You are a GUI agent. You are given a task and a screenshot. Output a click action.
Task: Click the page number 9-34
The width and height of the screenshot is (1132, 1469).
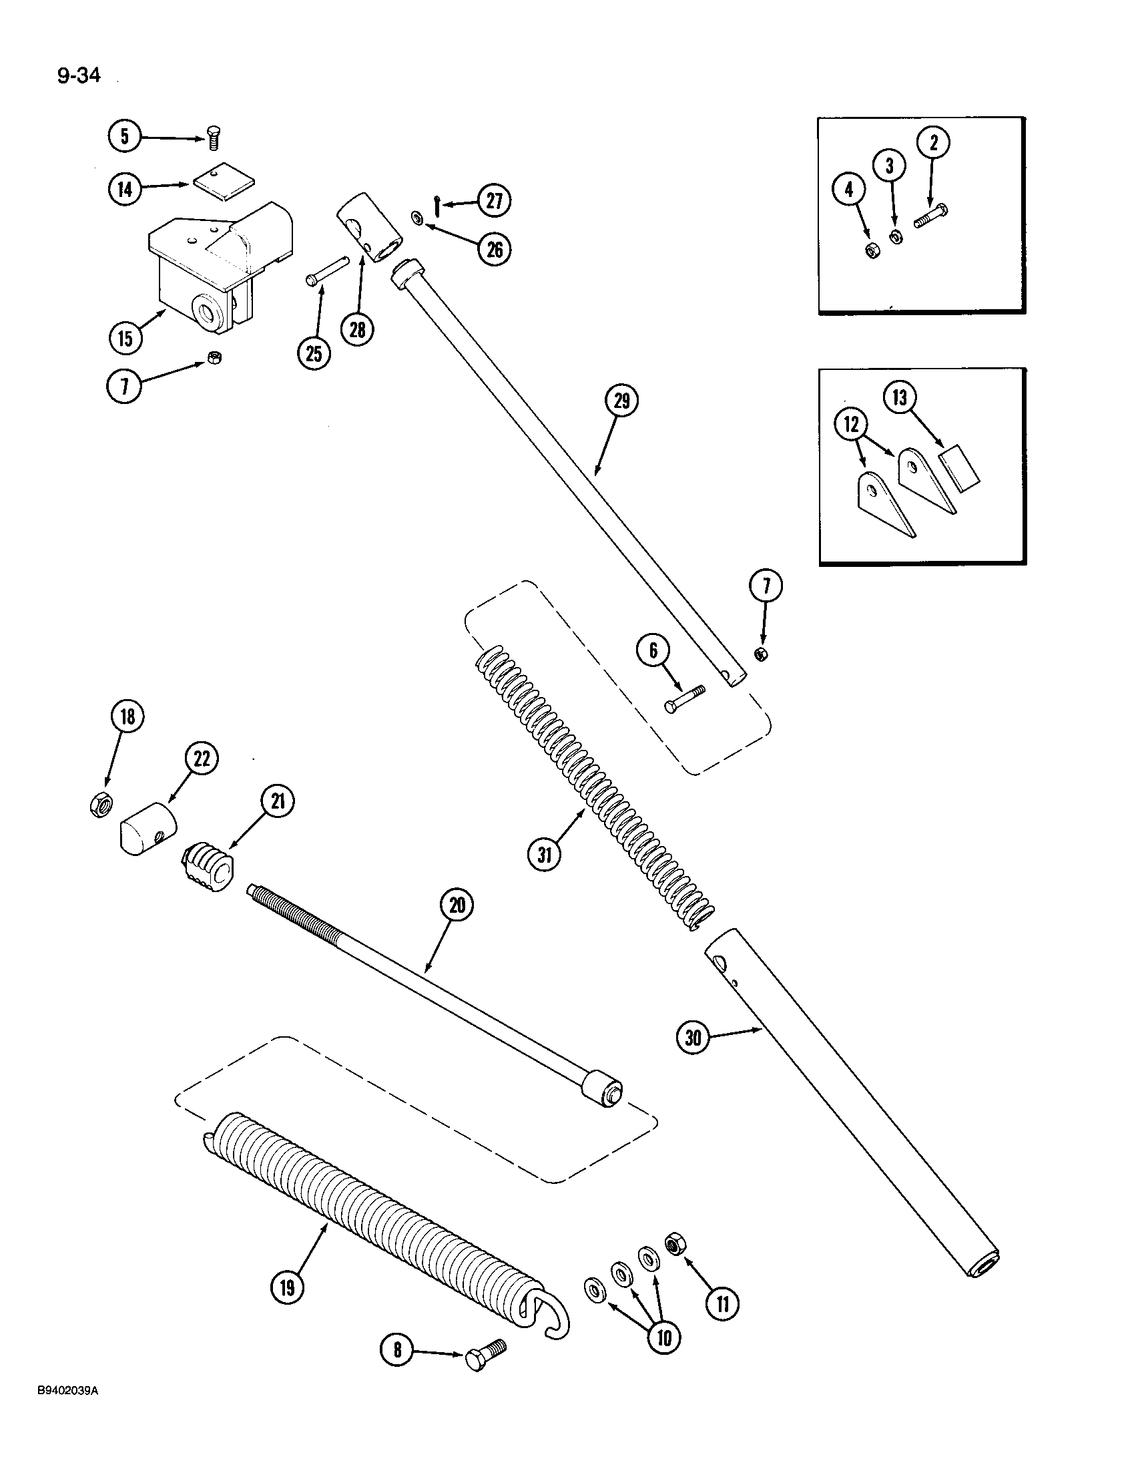(x=79, y=76)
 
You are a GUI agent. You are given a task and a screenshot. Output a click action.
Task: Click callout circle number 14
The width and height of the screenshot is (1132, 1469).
(x=125, y=188)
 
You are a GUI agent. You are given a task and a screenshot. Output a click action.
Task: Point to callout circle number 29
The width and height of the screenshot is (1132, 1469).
(x=621, y=401)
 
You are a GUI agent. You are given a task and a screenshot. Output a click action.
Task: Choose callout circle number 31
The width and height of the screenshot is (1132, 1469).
(x=545, y=855)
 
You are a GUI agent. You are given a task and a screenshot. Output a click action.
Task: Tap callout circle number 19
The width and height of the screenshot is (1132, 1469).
(x=288, y=1288)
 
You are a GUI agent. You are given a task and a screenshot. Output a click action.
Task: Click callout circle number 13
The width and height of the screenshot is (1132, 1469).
(x=900, y=398)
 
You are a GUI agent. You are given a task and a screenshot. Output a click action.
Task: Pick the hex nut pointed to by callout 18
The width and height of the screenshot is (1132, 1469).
(x=99, y=805)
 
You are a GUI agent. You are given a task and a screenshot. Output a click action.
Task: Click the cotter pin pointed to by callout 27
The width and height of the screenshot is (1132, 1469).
(x=438, y=204)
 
